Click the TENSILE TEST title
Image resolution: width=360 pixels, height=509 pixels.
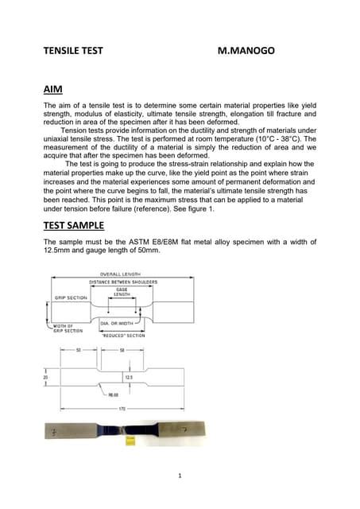click(73, 50)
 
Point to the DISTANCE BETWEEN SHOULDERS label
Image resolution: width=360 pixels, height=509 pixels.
click(122, 282)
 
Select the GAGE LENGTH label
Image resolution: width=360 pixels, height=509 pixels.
click(122, 291)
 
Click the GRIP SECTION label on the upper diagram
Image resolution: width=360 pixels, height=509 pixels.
click(71, 297)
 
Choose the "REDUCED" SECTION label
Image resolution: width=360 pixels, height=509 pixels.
click(123, 336)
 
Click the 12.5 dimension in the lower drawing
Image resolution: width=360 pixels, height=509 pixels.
click(128, 377)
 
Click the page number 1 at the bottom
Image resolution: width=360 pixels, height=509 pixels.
click(180, 476)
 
